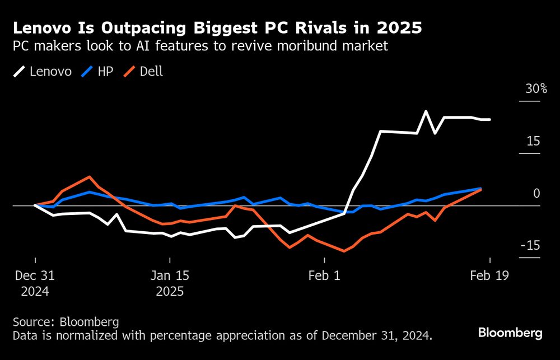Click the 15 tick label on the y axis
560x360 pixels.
click(x=534, y=141)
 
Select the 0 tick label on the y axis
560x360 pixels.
click(x=536, y=193)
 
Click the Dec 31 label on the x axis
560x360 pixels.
click(x=35, y=276)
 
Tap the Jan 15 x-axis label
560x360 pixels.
click(x=170, y=276)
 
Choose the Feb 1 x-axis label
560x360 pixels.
click(x=324, y=276)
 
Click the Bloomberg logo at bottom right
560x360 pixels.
click(x=510, y=333)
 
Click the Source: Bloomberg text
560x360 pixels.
click(x=66, y=322)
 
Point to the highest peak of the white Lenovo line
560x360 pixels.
click(x=426, y=111)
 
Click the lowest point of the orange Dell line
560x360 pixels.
click(x=343, y=251)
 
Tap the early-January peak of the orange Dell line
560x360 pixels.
click(x=90, y=176)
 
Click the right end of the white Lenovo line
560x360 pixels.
click(x=491, y=119)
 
